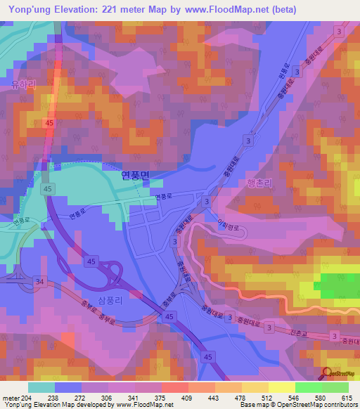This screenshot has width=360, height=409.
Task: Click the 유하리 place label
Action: click(x=23, y=83)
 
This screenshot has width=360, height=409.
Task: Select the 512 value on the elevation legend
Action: click(x=295, y=398)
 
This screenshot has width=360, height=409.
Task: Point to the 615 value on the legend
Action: click(x=347, y=398)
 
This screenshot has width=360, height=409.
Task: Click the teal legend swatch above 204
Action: click(x=41, y=387)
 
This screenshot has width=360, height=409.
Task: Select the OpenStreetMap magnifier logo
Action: click(x=326, y=373)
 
